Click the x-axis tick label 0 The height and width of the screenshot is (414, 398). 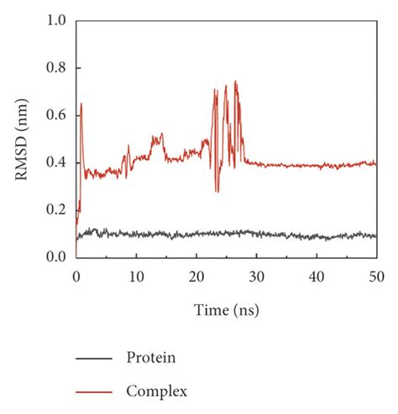[76, 275]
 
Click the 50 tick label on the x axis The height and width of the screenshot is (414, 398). [376, 275]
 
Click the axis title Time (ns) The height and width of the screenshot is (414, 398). [227, 310]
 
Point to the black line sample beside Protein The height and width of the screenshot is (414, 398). [93, 359]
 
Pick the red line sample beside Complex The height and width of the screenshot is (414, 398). [93, 391]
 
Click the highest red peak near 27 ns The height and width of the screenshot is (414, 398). [236, 81]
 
